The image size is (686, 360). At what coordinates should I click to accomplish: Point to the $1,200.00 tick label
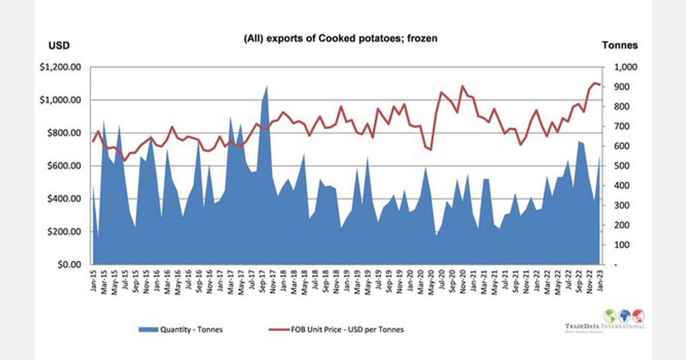click(59, 67)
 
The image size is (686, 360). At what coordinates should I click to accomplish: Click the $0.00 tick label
click(67, 265)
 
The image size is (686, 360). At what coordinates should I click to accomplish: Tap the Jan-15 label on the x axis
click(93, 280)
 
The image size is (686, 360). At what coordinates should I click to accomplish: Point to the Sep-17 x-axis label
click(262, 280)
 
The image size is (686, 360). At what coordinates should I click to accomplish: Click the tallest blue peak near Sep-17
click(267, 86)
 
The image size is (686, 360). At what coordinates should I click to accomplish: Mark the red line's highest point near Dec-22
click(595, 83)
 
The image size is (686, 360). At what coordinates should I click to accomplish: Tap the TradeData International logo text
click(604, 326)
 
